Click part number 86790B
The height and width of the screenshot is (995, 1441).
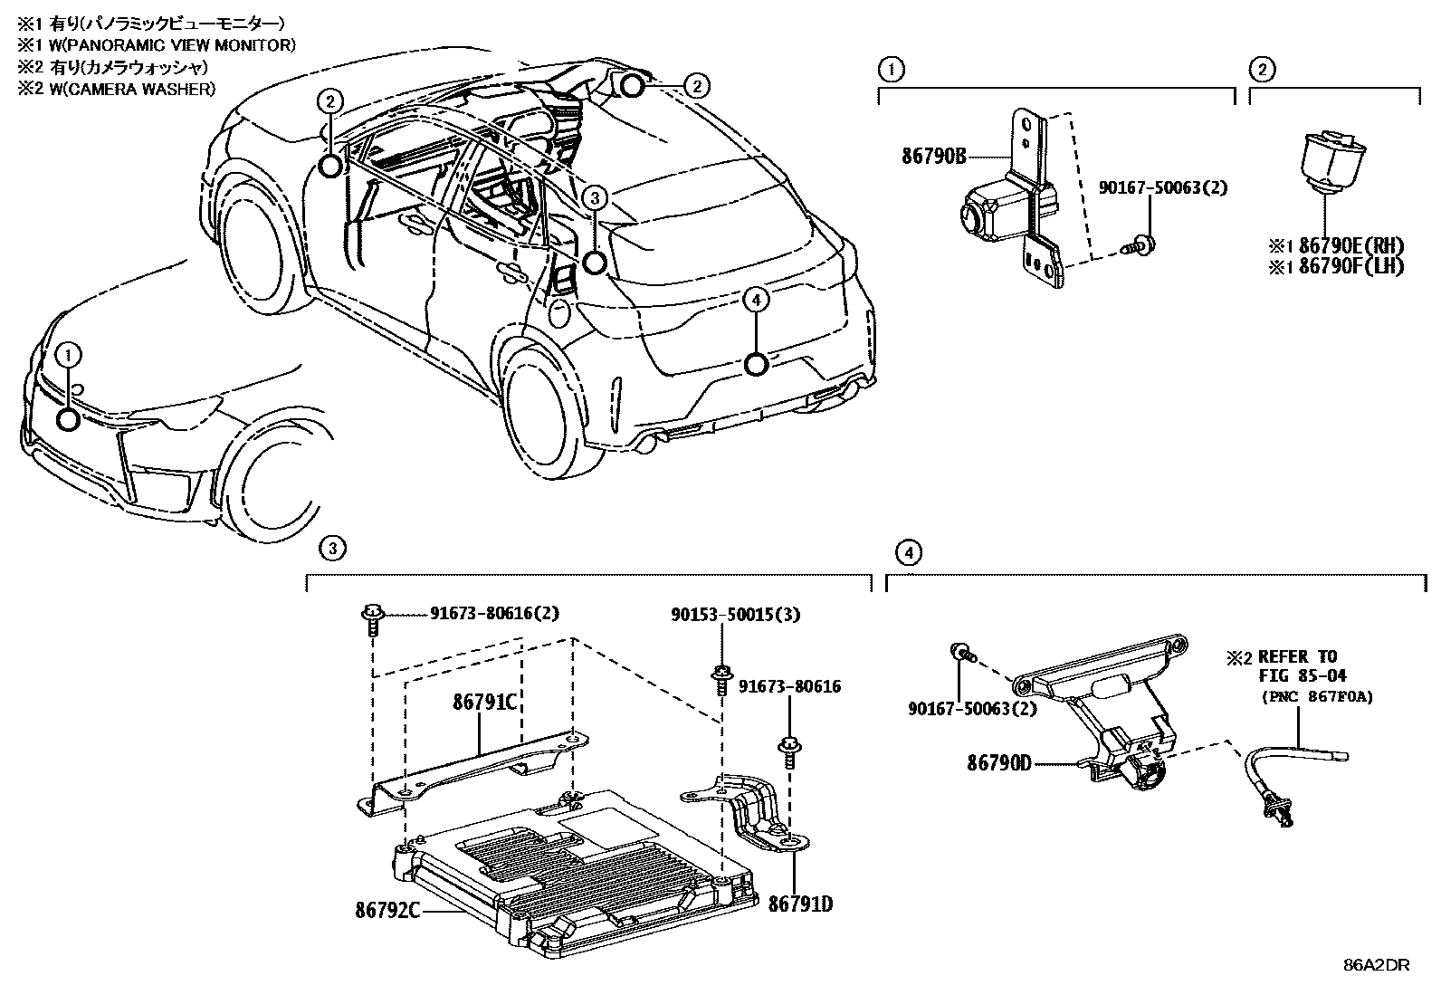click(x=934, y=157)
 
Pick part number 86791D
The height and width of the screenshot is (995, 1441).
click(x=800, y=903)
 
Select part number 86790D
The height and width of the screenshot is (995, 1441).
click(x=998, y=763)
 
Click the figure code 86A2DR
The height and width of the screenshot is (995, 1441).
click(x=1376, y=965)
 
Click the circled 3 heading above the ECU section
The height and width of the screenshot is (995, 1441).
click(x=332, y=547)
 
